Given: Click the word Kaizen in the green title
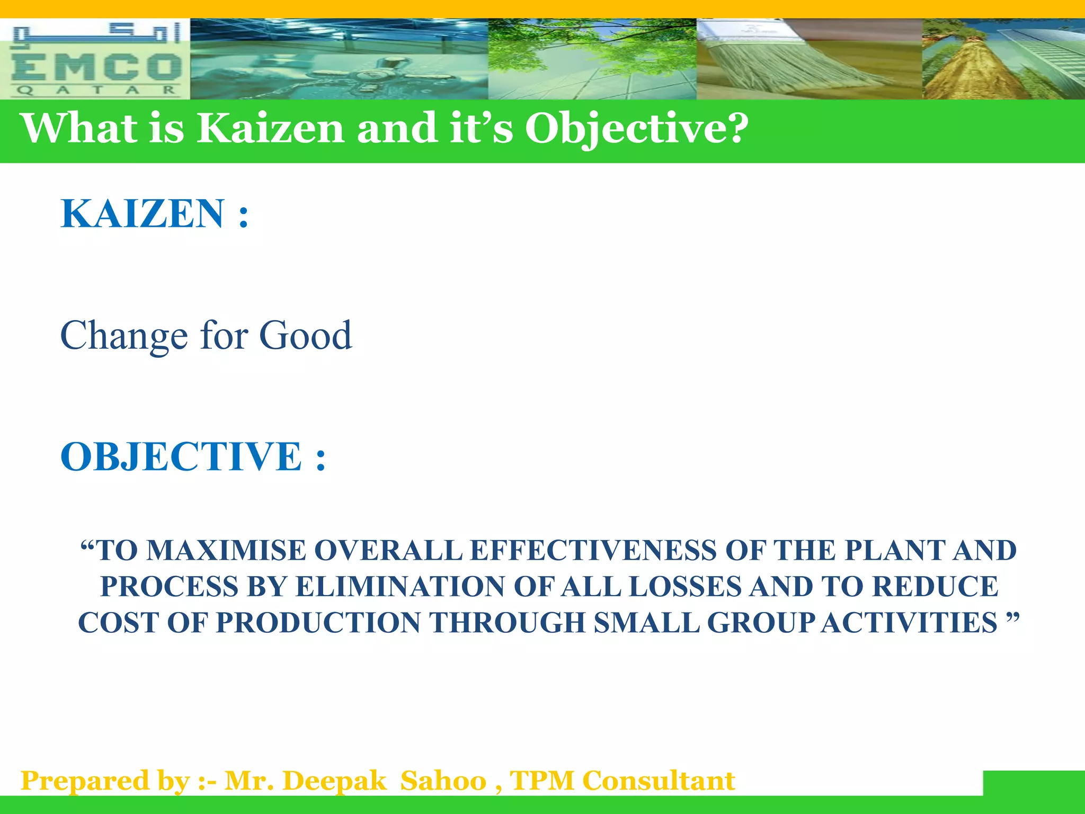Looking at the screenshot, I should click(x=270, y=128).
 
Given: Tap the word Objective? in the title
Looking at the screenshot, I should click(x=636, y=128).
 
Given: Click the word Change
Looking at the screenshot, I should click(x=124, y=336).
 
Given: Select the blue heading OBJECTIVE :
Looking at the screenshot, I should click(x=193, y=456).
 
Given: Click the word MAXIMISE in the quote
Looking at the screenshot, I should click(x=226, y=551).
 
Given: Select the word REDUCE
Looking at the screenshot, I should click(x=935, y=587).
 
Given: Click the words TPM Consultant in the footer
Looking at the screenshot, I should click(x=622, y=781).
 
